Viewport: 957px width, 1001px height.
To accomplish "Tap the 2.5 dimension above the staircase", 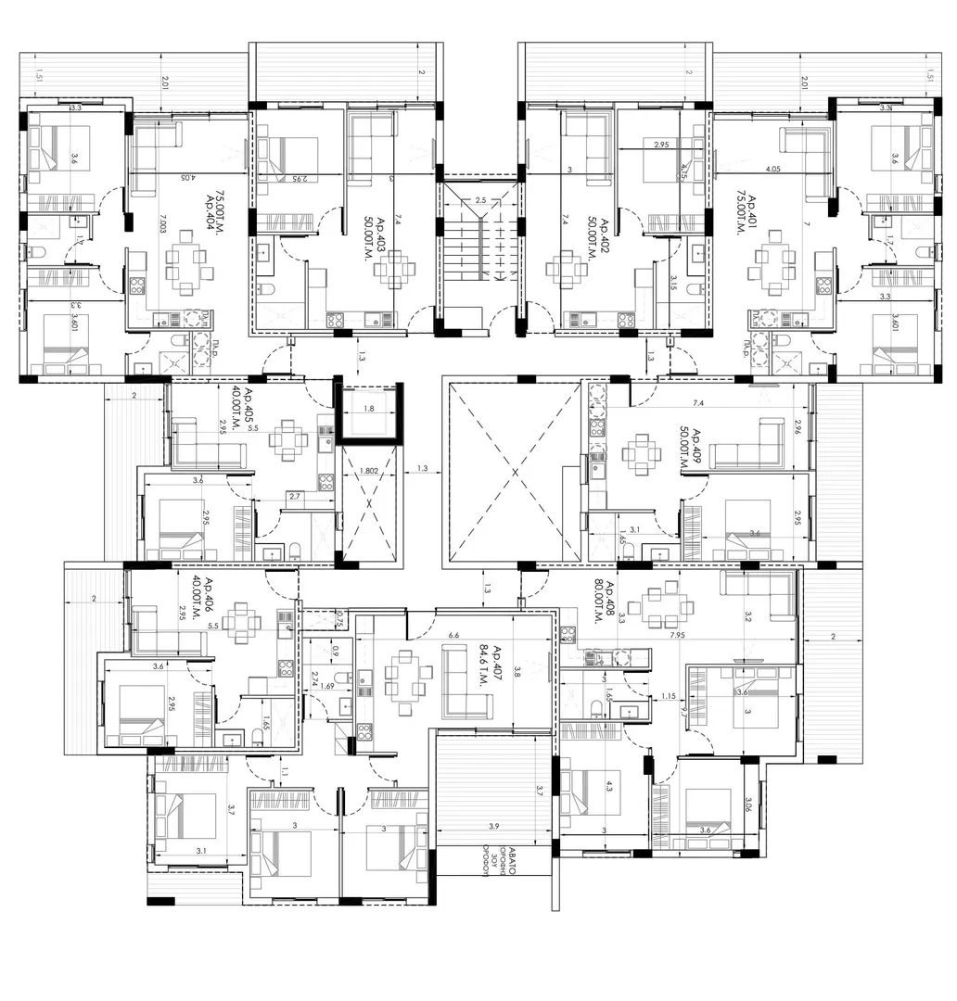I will pyautogui.click(x=479, y=200).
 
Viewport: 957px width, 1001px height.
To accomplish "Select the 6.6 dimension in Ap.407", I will pyautogui.click(x=453, y=636).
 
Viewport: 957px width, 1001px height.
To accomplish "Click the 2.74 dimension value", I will pyautogui.click(x=315, y=678).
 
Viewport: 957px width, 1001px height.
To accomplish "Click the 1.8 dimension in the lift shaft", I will pyautogui.click(x=368, y=408).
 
